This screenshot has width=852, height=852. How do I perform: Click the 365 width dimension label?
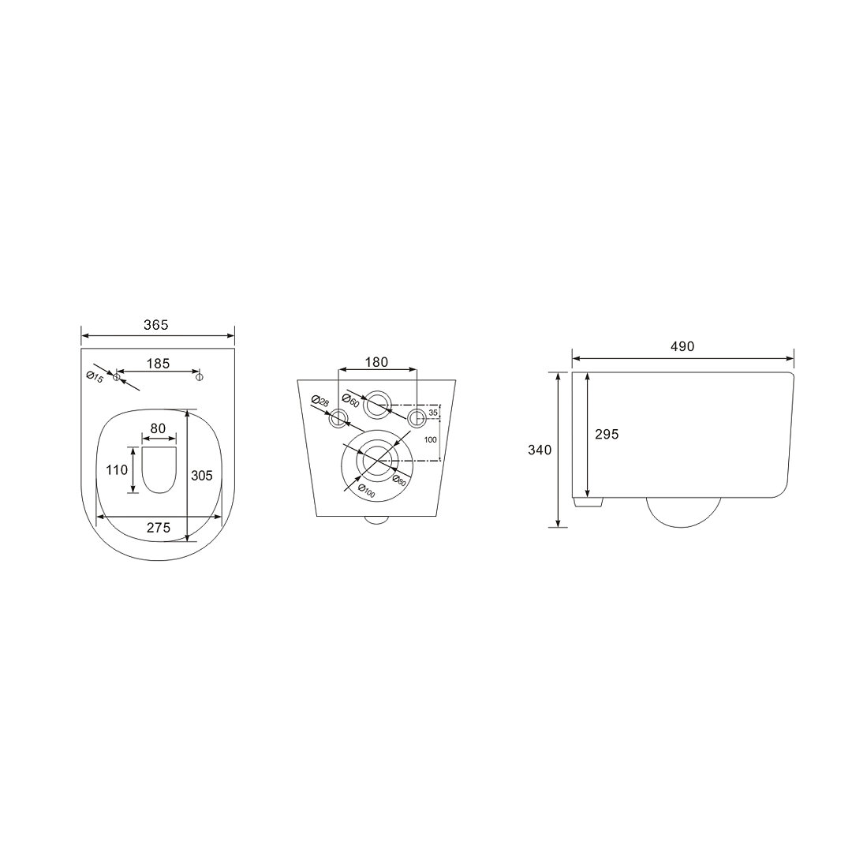tap(156, 324)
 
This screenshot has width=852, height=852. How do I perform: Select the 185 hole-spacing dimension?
tap(158, 364)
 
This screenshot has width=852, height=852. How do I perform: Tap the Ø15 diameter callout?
tap(95, 377)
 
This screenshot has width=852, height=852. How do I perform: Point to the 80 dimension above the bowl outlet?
tap(158, 428)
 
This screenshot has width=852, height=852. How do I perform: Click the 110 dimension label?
tap(117, 469)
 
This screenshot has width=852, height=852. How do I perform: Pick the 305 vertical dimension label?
tap(202, 476)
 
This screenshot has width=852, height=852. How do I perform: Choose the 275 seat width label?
tap(159, 527)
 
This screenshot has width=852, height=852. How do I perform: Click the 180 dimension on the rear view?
tap(376, 362)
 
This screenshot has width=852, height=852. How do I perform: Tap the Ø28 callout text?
tap(320, 401)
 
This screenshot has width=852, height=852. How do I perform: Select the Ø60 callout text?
tap(350, 402)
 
